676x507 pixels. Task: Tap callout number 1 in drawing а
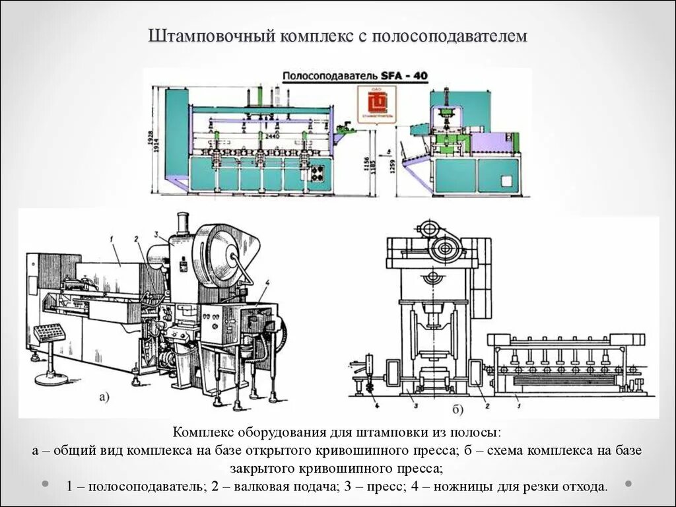(113, 237)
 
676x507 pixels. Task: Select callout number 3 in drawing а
(156, 234)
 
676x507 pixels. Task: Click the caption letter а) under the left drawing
(104, 397)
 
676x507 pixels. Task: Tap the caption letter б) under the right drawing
(458, 409)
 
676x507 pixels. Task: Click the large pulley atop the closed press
(442, 250)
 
